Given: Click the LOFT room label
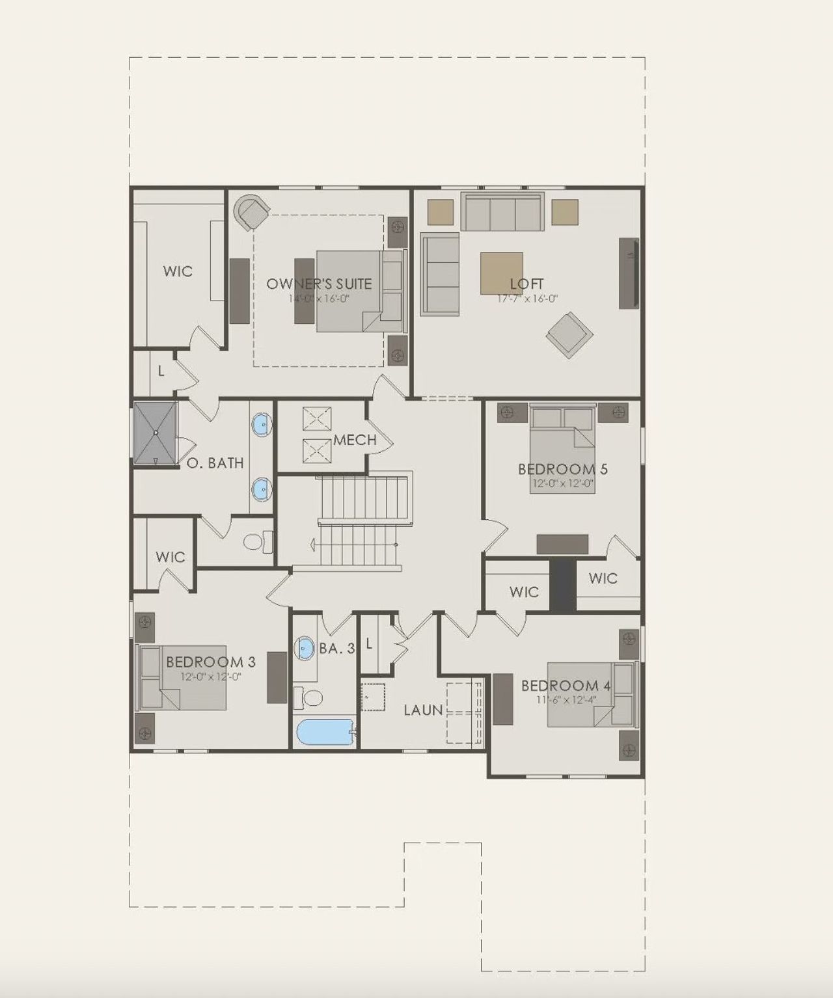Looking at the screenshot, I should click(x=526, y=284).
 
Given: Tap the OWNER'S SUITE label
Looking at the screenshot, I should click(x=319, y=284).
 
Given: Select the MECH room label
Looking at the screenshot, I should click(x=355, y=440).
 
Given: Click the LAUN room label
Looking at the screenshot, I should click(x=423, y=710).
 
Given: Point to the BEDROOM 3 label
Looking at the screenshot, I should click(x=210, y=662).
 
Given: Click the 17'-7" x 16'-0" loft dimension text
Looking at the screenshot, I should click(x=527, y=299).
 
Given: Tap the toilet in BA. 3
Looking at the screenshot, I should click(x=309, y=699).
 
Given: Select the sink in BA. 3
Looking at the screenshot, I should click(x=305, y=648).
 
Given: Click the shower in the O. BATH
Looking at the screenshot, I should click(x=156, y=433).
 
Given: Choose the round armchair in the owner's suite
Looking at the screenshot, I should click(x=251, y=211).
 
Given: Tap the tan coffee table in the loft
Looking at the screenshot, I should click(x=501, y=273).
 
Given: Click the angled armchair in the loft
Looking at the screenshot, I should click(x=569, y=334).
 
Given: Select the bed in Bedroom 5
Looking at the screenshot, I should click(x=562, y=449).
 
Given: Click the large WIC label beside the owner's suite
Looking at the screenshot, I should click(x=178, y=271).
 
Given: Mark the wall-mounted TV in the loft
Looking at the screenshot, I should click(x=629, y=273).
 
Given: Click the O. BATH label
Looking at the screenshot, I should click(x=215, y=463).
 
